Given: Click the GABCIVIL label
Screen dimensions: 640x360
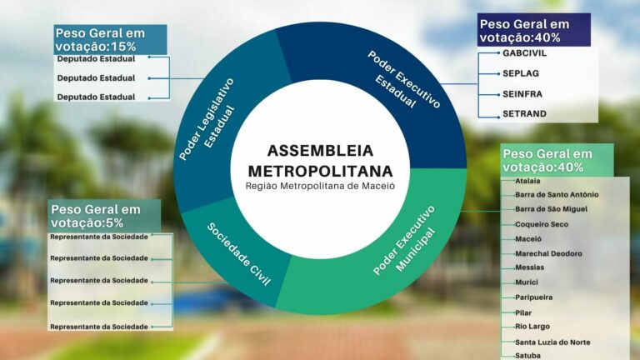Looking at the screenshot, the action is pyautogui.click(x=524, y=53).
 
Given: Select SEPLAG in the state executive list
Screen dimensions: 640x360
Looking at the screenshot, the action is pyautogui.click(x=521, y=73).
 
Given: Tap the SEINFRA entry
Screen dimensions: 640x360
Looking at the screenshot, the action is pyautogui.click(x=522, y=94).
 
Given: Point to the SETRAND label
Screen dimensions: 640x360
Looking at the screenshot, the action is pyautogui.click(x=524, y=113).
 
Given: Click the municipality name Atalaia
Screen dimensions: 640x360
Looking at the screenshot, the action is pyautogui.click(x=527, y=181).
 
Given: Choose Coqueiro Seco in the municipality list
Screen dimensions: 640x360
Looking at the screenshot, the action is pyautogui.click(x=542, y=224).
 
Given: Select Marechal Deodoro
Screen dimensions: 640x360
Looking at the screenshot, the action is pyautogui.click(x=548, y=253).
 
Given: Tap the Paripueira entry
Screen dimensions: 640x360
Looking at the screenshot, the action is pyautogui.click(x=534, y=297).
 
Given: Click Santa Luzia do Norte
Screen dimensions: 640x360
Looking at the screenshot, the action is pyautogui.click(x=552, y=342).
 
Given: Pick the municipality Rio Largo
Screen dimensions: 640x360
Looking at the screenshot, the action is pyautogui.click(x=532, y=327).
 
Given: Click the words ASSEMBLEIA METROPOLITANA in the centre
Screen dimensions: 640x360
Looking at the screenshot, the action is pyautogui.click(x=320, y=161).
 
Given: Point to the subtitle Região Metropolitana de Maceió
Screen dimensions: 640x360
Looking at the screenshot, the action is pyautogui.click(x=320, y=186).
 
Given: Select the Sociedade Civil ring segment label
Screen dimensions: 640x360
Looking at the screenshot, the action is pyautogui.click(x=239, y=254).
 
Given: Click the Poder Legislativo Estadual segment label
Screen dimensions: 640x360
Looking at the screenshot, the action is pyautogui.click(x=207, y=118).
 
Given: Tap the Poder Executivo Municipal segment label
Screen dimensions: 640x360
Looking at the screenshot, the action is pyautogui.click(x=404, y=240).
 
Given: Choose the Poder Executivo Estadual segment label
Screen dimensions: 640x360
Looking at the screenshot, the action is pyautogui.click(x=404, y=80).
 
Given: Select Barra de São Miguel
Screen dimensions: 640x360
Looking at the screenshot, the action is pyautogui.click(x=551, y=209).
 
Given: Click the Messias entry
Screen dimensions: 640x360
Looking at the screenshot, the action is pyautogui.click(x=529, y=267).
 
